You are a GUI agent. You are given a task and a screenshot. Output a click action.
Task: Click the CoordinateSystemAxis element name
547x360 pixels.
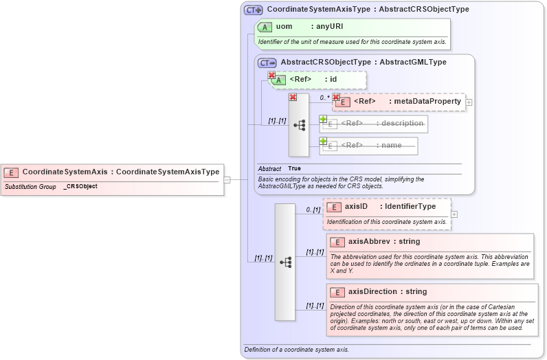[x=65, y=172]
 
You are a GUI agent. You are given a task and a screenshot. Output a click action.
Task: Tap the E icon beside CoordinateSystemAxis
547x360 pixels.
[x=12, y=172]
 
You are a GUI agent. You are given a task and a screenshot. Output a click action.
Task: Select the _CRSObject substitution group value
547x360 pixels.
[x=80, y=186]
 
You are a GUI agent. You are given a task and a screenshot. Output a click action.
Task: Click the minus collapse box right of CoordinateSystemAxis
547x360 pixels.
[x=227, y=179]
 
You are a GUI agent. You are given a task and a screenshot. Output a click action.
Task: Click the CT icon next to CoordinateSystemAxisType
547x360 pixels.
[x=254, y=10]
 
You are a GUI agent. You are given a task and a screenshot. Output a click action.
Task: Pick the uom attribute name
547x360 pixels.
[x=284, y=27]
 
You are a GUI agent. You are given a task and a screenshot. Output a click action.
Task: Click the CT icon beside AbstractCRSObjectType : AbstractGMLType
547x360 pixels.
[x=267, y=63]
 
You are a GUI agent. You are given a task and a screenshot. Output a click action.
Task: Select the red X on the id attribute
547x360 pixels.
[x=271, y=76]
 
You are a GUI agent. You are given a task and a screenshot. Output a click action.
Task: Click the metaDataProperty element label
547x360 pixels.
[x=427, y=102]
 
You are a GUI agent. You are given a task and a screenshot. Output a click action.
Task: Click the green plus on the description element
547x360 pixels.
[x=323, y=119]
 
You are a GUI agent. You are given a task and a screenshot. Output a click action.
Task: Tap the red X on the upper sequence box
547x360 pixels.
[x=293, y=98]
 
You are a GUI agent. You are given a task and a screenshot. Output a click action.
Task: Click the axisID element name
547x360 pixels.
[x=356, y=207]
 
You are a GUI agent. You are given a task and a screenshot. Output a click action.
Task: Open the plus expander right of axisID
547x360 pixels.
[x=454, y=214]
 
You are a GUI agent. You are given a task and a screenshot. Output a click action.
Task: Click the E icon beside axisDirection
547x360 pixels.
[x=337, y=292]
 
